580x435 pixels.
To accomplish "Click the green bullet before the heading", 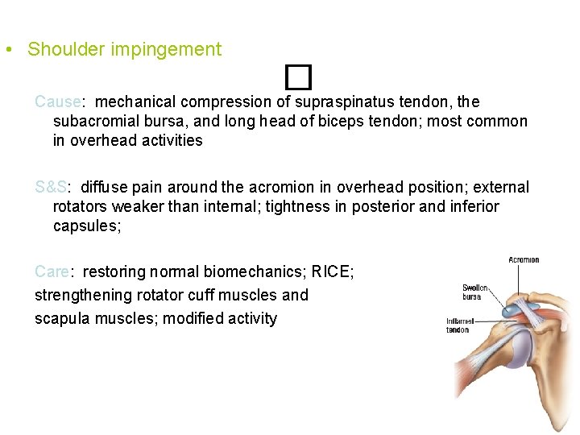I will pyautogui.click(x=7, y=50).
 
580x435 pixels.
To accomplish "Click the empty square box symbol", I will pyautogui.click(x=297, y=78).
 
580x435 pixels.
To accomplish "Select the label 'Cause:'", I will pyautogui.click(x=59, y=102).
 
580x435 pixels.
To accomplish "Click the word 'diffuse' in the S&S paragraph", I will pyautogui.click(x=106, y=188).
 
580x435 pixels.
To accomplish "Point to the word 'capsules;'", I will pyautogui.click(x=87, y=226).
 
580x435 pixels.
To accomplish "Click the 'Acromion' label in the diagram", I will pyautogui.click(x=524, y=260).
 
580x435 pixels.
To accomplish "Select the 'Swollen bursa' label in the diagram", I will pyautogui.click(x=472, y=292).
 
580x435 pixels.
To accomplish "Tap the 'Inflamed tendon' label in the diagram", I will pyautogui.click(x=458, y=325).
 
